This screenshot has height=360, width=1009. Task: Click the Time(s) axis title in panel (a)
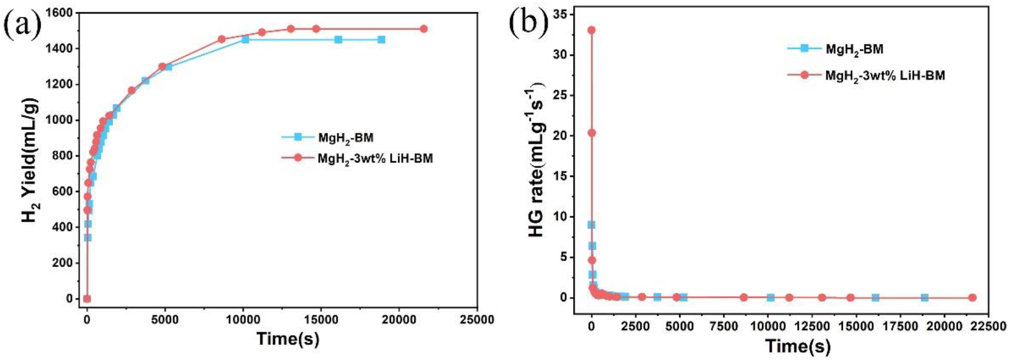click(288, 339)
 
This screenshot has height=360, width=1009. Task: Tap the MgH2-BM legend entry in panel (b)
click(854, 60)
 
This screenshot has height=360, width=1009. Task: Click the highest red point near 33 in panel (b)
click(592, 30)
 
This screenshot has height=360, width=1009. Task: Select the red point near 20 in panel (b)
click(592, 133)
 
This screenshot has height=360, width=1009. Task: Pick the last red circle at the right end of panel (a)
click(423, 29)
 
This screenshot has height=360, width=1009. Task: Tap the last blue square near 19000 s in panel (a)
click(381, 39)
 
